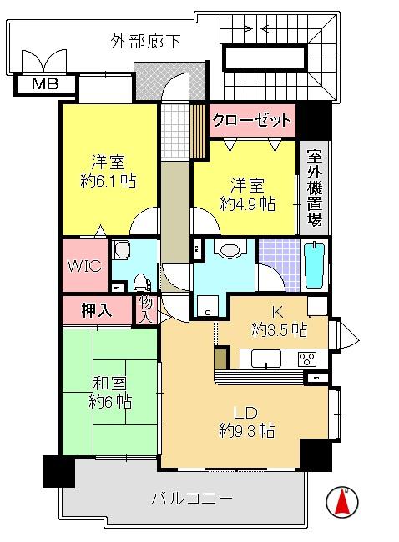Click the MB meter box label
point(45,83)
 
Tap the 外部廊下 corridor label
point(145,42)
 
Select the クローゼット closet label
point(252,120)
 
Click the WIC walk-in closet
point(85,265)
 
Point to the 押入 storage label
point(97,310)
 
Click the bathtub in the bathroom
point(315,265)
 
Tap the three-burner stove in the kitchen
point(307,359)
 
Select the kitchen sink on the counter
point(266,359)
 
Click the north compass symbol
point(342,501)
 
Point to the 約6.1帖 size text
point(109,180)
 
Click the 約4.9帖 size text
point(248,204)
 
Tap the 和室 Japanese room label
point(110,383)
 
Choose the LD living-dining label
point(246,413)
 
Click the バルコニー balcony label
point(192,499)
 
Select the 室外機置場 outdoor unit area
point(315,188)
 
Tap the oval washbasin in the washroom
point(230,250)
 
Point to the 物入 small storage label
point(146,309)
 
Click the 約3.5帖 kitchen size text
point(280,329)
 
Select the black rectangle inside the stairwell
point(265,58)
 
